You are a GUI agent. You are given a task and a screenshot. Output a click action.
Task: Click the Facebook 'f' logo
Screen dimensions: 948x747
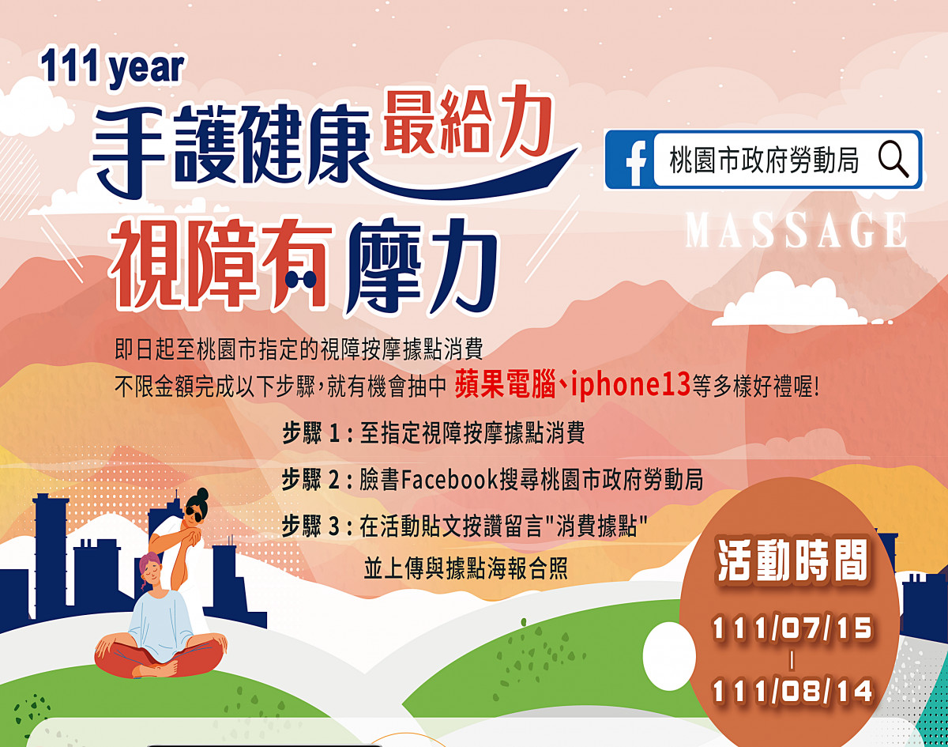point(636,163)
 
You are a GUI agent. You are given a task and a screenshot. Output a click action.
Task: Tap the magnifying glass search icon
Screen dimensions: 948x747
point(893,158)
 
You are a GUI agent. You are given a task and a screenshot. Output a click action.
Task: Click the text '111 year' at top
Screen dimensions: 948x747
point(112,68)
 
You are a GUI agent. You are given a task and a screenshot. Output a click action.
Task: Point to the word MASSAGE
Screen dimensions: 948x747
point(796,229)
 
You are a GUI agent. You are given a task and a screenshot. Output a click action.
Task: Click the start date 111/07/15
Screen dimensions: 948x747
point(792,628)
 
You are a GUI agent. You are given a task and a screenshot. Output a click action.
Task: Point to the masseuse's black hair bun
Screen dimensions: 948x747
point(202,493)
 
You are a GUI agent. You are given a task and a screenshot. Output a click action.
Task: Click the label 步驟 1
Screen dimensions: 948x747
point(311,433)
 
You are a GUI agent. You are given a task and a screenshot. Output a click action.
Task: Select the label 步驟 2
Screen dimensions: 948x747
point(311,479)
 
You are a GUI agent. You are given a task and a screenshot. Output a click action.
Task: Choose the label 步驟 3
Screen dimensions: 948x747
point(311,526)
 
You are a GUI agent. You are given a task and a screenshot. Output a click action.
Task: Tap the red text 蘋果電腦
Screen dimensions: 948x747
point(505,384)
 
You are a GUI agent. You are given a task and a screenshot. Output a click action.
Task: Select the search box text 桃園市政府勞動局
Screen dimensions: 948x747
point(764,160)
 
